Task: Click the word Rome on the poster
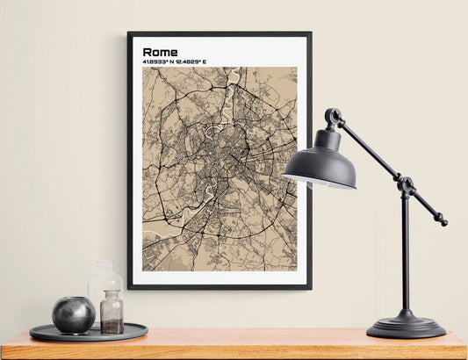click(160, 52)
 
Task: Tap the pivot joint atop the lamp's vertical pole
click(406, 186)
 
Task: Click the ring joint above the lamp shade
click(333, 116)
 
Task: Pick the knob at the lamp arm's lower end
click(443, 222)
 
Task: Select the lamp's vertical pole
click(406, 255)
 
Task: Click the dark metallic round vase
click(73, 315)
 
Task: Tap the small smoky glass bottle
click(112, 314)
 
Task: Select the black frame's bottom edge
click(220, 286)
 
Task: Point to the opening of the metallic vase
click(73, 300)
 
